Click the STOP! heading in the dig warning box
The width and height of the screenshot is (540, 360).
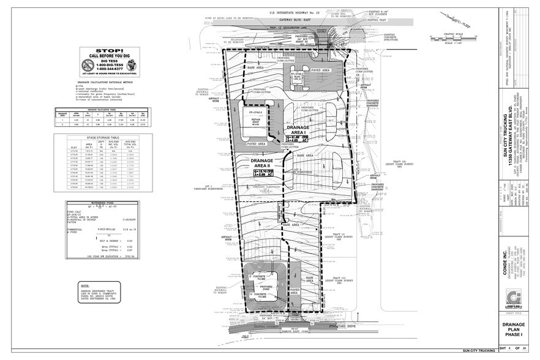[109, 53]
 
